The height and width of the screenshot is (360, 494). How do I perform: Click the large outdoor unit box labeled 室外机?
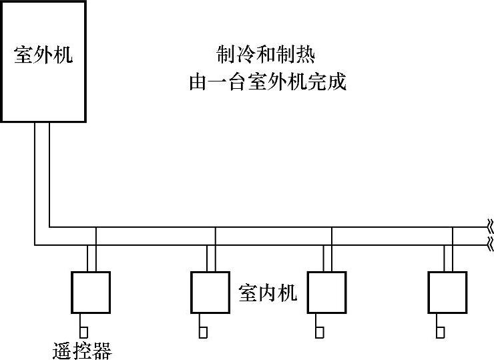click(x=43, y=94)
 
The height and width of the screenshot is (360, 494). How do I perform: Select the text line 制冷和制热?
click(x=266, y=53)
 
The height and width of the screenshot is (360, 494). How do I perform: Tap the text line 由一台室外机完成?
click(x=268, y=83)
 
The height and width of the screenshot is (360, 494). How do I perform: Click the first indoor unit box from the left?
click(x=90, y=291)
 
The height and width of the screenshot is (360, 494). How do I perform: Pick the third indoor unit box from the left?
click(x=326, y=291)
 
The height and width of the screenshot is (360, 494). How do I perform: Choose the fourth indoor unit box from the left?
click(x=447, y=291)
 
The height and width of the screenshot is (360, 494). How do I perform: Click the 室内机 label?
click(x=268, y=293)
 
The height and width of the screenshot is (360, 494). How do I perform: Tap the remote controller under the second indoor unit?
click(x=203, y=331)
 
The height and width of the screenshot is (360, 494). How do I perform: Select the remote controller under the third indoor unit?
click(x=320, y=331)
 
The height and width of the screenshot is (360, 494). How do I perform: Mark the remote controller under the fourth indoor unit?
click(x=441, y=331)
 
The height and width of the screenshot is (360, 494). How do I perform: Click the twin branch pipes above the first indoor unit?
click(x=91, y=258)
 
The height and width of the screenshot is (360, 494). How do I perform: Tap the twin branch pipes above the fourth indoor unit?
click(x=449, y=258)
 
